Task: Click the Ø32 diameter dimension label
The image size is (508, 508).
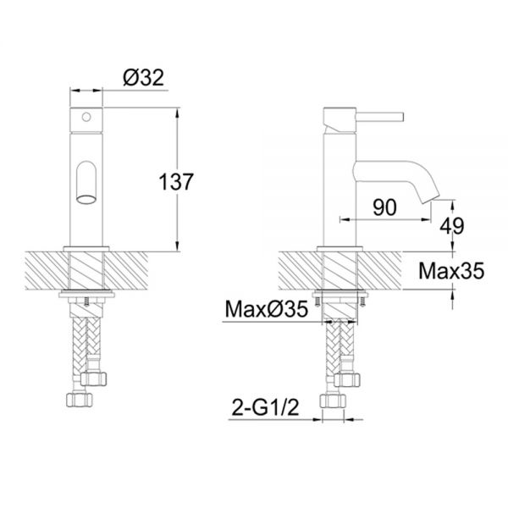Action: click(144, 78)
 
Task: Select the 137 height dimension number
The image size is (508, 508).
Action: click(176, 182)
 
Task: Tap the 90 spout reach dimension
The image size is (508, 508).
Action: click(384, 207)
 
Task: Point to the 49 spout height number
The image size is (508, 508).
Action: click(451, 225)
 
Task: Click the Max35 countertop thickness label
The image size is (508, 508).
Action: click(451, 271)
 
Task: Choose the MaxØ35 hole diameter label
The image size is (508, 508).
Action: click(267, 309)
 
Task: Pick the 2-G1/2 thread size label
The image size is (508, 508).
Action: click(265, 407)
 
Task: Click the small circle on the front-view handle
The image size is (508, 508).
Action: click(86, 117)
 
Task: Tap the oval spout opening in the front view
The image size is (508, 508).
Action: click(86, 199)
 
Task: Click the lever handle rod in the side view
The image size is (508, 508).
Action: click(379, 117)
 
